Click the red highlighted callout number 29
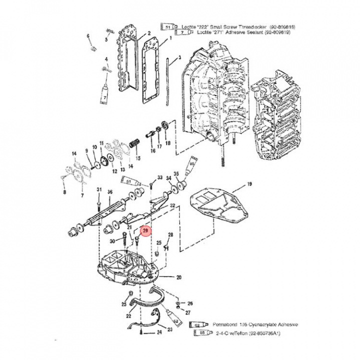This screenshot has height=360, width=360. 145,231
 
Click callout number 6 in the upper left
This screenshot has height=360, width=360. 88,36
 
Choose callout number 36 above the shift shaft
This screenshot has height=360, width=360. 110,192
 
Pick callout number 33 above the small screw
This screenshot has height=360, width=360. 160,177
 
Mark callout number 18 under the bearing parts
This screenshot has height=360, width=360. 167,143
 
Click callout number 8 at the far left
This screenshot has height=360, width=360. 64,191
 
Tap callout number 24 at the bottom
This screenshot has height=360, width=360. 159,331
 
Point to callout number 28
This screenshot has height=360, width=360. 170,235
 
